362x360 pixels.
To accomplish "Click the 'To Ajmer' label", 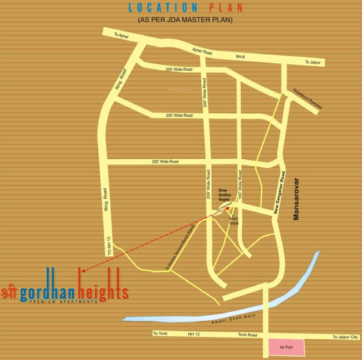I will click(x=121, y=36).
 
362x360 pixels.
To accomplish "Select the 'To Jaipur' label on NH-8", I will click(x=314, y=62).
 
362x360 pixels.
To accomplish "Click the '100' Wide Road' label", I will click(x=240, y=184).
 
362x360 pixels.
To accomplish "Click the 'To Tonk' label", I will click(x=160, y=334).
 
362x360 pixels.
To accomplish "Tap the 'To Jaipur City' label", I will click(x=345, y=337).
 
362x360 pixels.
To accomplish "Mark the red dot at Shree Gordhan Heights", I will click(x=227, y=208).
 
